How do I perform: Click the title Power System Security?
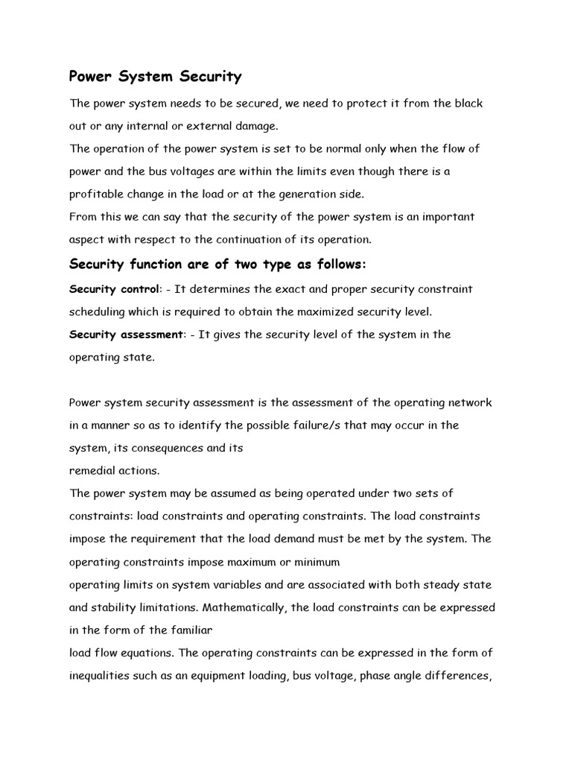155,77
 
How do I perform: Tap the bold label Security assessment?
126,335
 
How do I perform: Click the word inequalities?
102,676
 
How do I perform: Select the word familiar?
193,630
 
